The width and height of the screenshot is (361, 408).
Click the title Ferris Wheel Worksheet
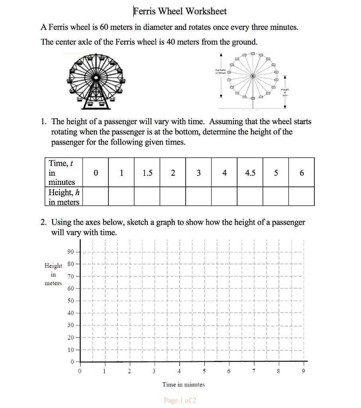click(x=180, y=11)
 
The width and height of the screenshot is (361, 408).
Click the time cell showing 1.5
click(x=147, y=173)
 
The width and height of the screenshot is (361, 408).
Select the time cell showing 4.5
click(x=250, y=173)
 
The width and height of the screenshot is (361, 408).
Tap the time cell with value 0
click(x=95, y=173)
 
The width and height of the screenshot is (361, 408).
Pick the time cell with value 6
click(x=302, y=173)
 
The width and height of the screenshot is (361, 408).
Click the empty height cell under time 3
click(x=198, y=196)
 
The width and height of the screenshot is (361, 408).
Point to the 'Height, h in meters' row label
click(x=64, y=197)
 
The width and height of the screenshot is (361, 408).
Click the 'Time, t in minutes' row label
click(x=64, y=173)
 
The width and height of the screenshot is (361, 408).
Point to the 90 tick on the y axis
click(x=71, y=252)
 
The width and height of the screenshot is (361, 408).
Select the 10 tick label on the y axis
click(x=71, y=350)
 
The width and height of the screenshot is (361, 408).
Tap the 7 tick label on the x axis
click(x=254, y=371)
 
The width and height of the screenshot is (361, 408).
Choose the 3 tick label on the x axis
click(x=154, y=371)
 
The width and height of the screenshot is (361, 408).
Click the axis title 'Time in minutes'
click(x=183, y=384)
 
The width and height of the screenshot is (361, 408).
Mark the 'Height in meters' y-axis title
click(x=53, y=274)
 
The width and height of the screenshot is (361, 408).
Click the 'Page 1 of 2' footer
click(x=180, y=400)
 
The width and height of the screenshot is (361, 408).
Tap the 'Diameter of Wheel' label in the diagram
click(x=220, y=71)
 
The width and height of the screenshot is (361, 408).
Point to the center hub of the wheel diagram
click(x=252, y=76)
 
